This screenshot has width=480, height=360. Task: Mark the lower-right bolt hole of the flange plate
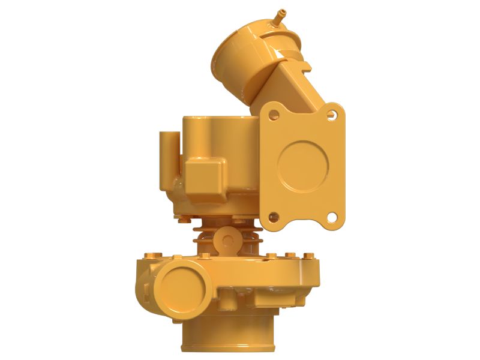(331, 215)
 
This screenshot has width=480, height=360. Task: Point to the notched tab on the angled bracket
(301, 62)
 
